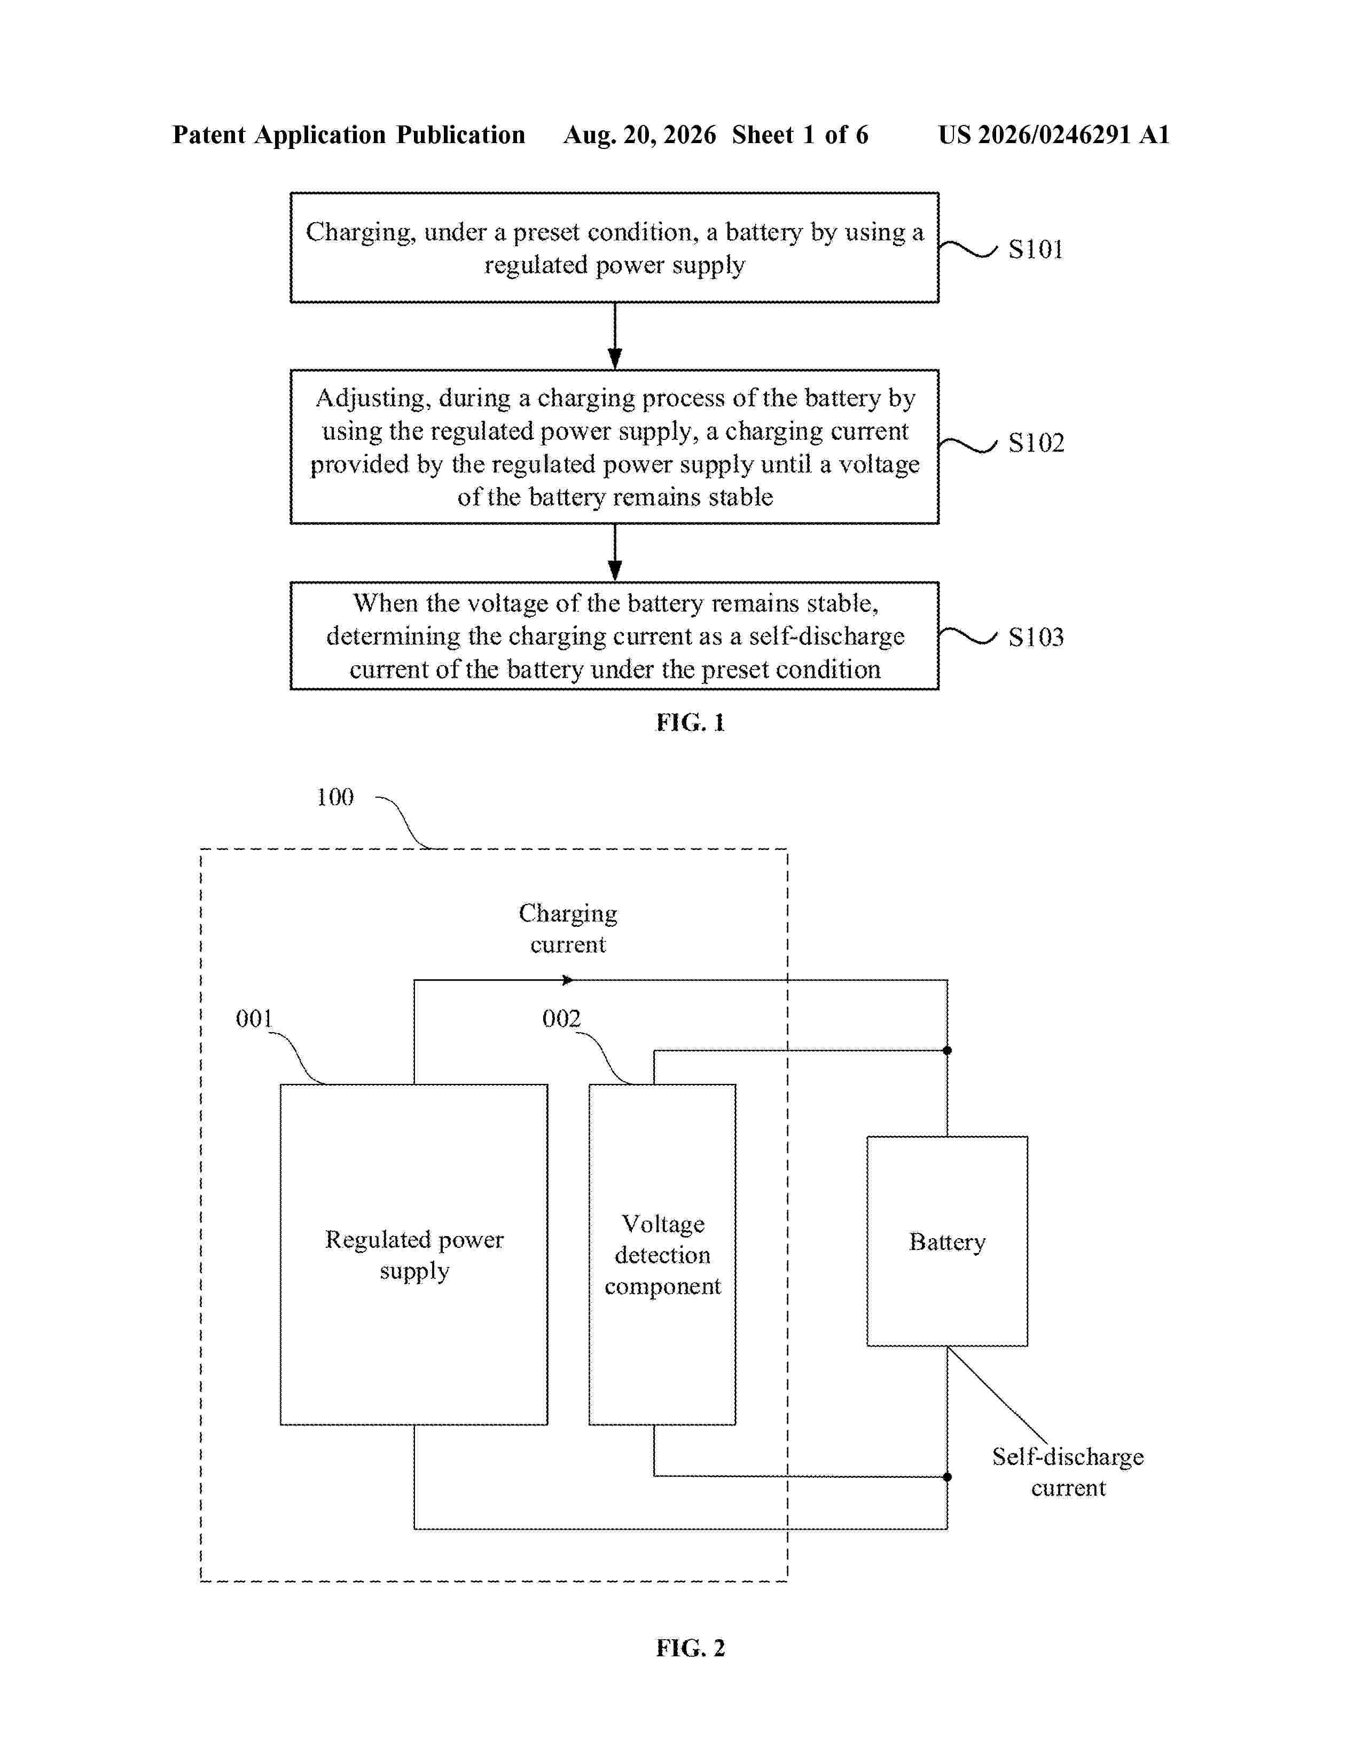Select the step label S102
[1036, 443]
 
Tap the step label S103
[1036, 638]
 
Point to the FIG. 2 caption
[691, 1647]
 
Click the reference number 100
[335, 797]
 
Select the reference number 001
[254, 1018]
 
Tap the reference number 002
[561, 1018]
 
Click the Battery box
[948, 1241]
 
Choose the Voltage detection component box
[662, 1255]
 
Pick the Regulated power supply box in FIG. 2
[414, 1255]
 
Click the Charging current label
[568, 929]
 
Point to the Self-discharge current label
[1068, 1473]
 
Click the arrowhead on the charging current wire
[568, 980]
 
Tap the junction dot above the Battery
[948, 1050]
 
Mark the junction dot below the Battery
[948, 1477]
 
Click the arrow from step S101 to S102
[615, 336]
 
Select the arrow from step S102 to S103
[615, 553]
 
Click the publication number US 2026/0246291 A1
[1054, 135]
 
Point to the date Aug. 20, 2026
[640, 135]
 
